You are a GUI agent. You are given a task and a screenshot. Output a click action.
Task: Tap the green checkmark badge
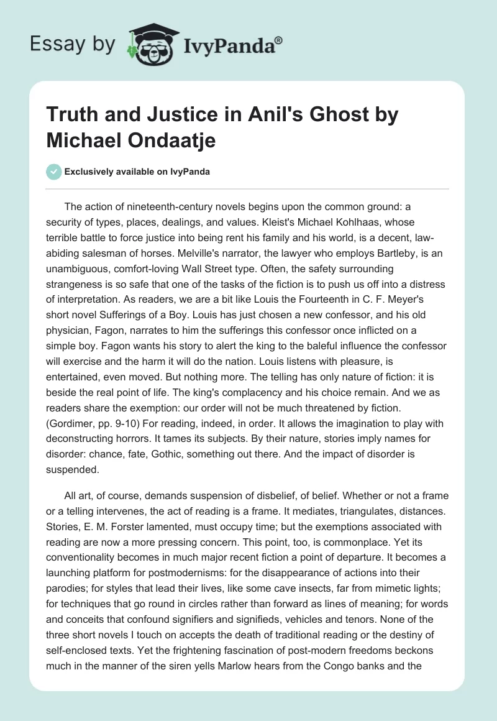click(x=53, y=172)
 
